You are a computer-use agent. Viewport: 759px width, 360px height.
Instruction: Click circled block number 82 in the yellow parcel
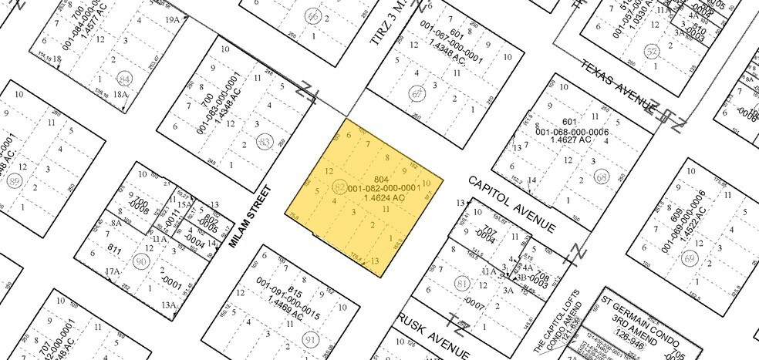click(339, 187)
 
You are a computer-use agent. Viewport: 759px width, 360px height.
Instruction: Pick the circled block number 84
click(124, 79)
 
